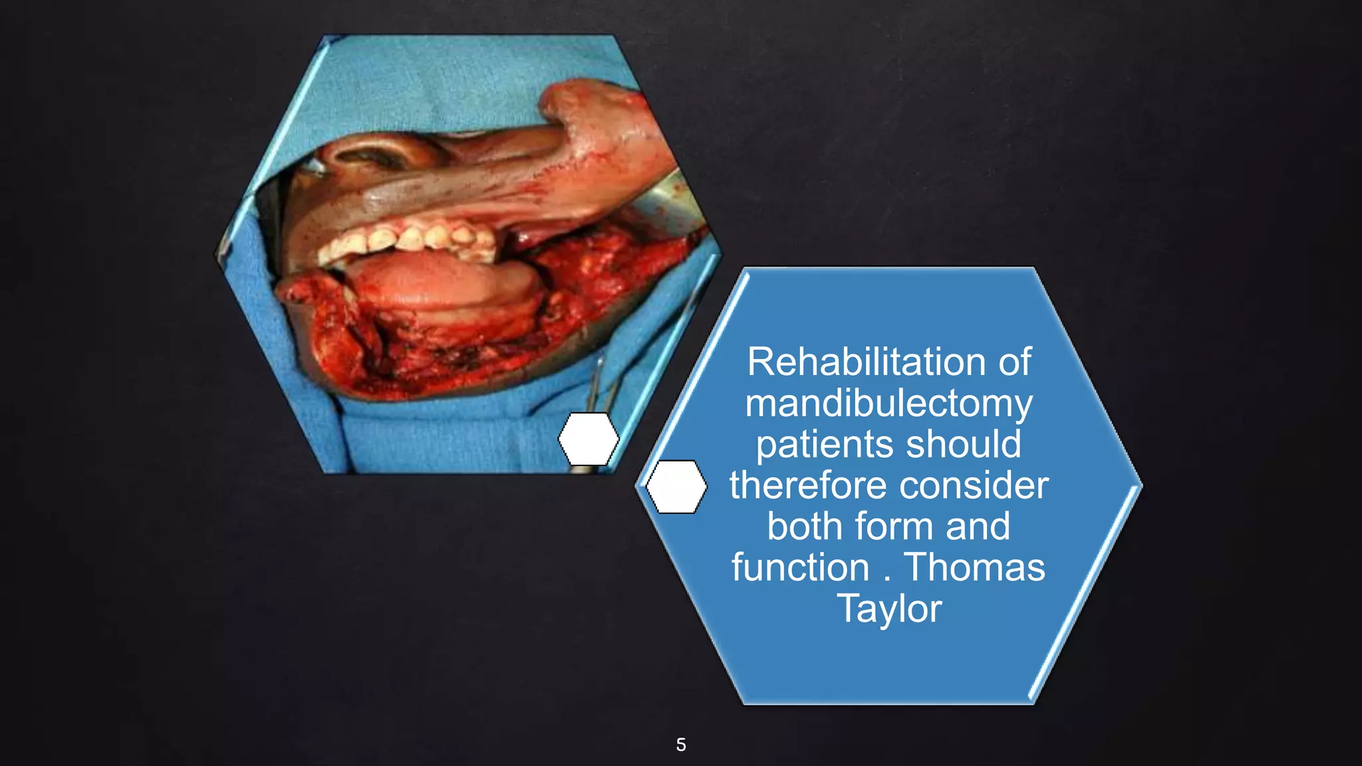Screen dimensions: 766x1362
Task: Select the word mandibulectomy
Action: [888, 404]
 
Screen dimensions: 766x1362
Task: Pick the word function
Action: [800, 568]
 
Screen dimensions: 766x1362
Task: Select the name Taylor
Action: [889, 609]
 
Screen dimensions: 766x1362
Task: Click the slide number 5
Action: [681, 745]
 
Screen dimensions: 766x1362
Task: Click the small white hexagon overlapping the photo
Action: [589, 439]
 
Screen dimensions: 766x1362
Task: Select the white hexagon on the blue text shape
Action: [676, 487]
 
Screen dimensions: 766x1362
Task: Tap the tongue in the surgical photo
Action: [439, 279]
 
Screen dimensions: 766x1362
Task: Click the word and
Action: [978, 527]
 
